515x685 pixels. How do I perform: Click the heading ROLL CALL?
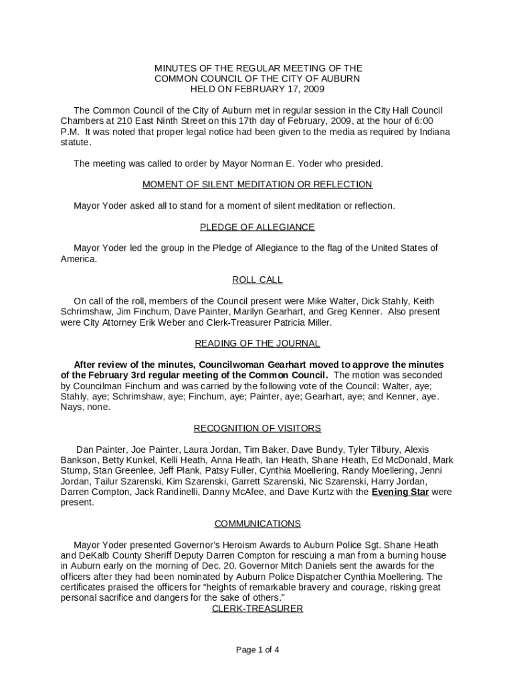[257, 280]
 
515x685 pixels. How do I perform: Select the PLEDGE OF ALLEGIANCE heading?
[257, 227]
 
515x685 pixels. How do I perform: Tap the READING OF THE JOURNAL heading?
[257, 343]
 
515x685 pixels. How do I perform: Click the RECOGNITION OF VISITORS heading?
[257, 428]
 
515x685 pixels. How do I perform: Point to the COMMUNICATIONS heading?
[257, 523]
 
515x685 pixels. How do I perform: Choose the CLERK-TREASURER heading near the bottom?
[257, 608]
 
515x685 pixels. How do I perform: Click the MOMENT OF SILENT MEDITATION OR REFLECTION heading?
[257, 185]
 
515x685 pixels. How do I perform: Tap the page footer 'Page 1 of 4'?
[257, 650]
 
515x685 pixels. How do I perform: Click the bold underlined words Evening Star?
[400, 492]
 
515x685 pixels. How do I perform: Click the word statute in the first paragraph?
[75, 142]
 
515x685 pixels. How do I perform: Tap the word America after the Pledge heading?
[78, 259]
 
